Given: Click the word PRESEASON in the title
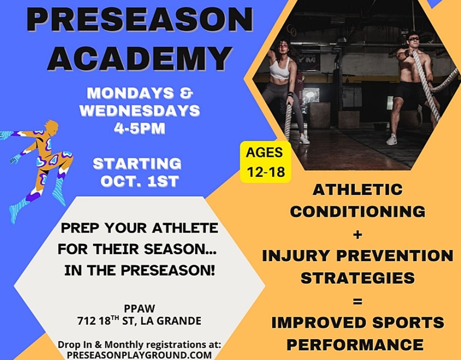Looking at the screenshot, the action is click(140, 20).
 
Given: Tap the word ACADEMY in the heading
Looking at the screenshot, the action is click(140, 58).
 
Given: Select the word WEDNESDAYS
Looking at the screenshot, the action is click(140, 111).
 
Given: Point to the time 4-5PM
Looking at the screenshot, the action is click(140, 128).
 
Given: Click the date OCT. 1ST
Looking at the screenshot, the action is click(140, 181).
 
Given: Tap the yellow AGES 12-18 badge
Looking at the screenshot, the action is click(266, 162).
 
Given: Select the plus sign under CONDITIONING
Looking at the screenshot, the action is click(357, 234).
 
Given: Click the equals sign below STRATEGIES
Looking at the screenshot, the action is click(357, 301).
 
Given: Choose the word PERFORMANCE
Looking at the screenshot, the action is click(355, 344).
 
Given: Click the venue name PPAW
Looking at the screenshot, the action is click(140, 309).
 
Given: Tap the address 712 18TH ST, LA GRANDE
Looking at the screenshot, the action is click(140, 320).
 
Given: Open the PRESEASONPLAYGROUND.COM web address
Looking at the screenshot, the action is click(140, 355).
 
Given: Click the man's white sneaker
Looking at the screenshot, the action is click(392, 139).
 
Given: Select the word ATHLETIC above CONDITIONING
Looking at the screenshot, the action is click(357, 189).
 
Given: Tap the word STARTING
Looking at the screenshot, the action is click(137, 164).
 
